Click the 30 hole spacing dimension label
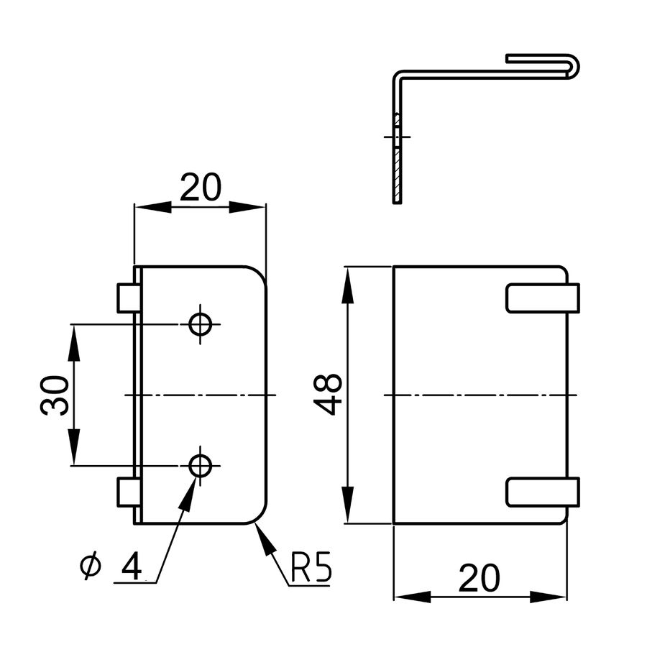pos(55,395)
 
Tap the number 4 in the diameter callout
pos(131,566)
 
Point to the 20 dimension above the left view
pos(200,188)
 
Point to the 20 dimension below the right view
pos(480,579)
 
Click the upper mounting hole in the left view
pos(201,324)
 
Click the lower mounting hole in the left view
pos(201,466)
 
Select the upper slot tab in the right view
pos(543,298)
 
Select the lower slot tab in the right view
pos(543,492)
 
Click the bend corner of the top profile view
pos(398,75)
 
